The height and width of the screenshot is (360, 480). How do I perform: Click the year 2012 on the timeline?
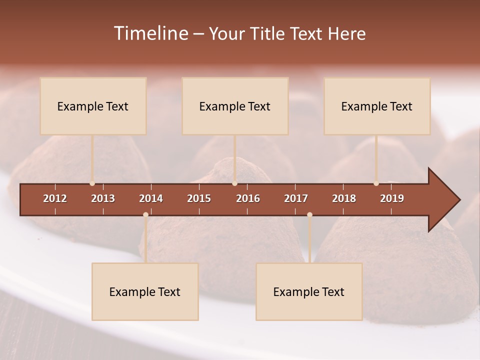55,198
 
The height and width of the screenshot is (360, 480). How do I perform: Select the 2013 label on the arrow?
103,198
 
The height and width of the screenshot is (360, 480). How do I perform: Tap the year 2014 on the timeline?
151,198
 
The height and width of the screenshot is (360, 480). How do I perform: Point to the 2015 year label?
199,198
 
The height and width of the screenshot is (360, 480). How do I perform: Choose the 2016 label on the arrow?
248,198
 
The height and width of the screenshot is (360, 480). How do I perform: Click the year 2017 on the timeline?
296,198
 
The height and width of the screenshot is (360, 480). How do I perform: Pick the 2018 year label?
344,198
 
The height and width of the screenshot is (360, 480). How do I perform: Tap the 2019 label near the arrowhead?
392,198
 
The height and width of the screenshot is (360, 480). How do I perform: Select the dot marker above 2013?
92,183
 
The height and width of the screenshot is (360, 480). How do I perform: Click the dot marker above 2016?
235,183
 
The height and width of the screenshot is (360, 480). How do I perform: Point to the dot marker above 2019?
376,183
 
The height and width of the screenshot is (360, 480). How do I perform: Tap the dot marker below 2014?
145,215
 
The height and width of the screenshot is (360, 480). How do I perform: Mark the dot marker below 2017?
309,215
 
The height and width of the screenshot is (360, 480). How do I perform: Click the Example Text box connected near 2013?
93,106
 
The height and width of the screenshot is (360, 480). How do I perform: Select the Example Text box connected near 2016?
235,106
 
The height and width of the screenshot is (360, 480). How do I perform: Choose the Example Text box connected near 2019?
377,106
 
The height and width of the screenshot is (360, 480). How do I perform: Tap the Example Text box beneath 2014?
145,291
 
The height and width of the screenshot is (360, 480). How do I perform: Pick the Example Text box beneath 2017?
309,291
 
